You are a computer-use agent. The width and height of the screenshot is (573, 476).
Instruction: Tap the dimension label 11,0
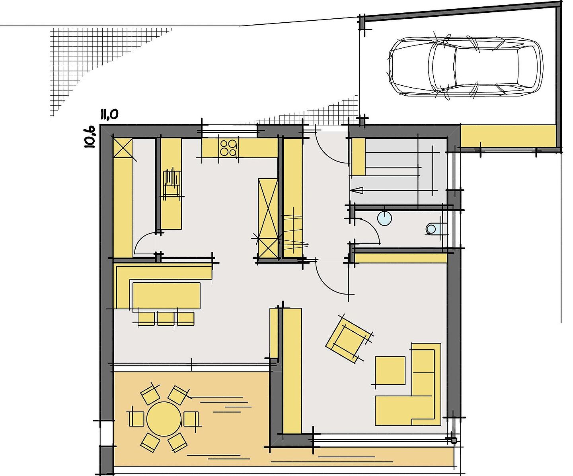[109, 114]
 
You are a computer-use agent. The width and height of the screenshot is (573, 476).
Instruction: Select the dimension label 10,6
[90, 137]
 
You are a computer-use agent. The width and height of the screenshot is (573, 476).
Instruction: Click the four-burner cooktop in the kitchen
[228, 148]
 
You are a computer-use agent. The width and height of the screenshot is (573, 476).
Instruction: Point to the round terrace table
[164, 419]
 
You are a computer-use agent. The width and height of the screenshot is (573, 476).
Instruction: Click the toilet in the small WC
[434, 228]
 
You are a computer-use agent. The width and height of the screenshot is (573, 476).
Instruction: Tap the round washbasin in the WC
[384, 218]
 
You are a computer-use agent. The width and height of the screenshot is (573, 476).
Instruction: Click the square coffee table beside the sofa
[390, 370]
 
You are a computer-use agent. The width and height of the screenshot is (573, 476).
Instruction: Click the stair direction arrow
[357, 190]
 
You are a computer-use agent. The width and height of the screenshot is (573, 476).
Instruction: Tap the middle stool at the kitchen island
[166, 319]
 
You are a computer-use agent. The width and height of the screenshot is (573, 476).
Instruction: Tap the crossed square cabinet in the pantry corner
[123, 148]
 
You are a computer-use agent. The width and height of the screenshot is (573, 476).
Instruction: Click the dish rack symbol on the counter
[172, 183]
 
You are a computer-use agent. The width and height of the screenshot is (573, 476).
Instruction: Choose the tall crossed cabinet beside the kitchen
[268, 218]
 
